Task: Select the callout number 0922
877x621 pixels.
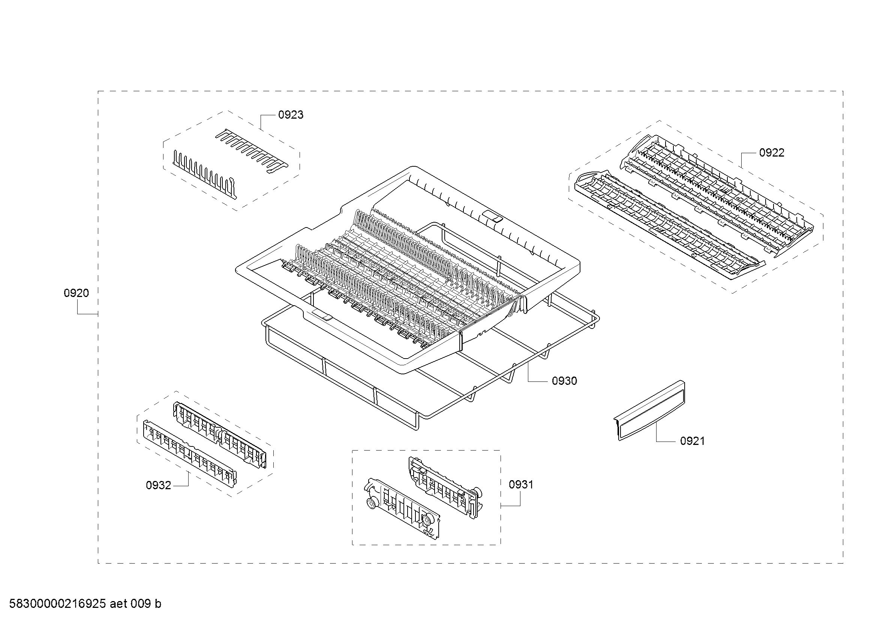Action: pos(772,152)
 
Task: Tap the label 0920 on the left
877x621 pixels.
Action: pos(76,293)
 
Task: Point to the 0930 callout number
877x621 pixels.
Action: pos(564,380)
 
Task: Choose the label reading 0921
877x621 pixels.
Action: pos(692,441)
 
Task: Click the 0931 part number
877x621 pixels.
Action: pos(521,484)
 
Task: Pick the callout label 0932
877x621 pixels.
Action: pos(159,485)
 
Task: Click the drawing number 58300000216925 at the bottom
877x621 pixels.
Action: pos(57,604)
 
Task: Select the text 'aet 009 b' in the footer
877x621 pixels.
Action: pos(135,604)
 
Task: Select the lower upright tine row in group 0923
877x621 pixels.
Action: pos(205,174)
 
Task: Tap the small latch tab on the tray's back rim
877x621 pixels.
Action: pos(492,217)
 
